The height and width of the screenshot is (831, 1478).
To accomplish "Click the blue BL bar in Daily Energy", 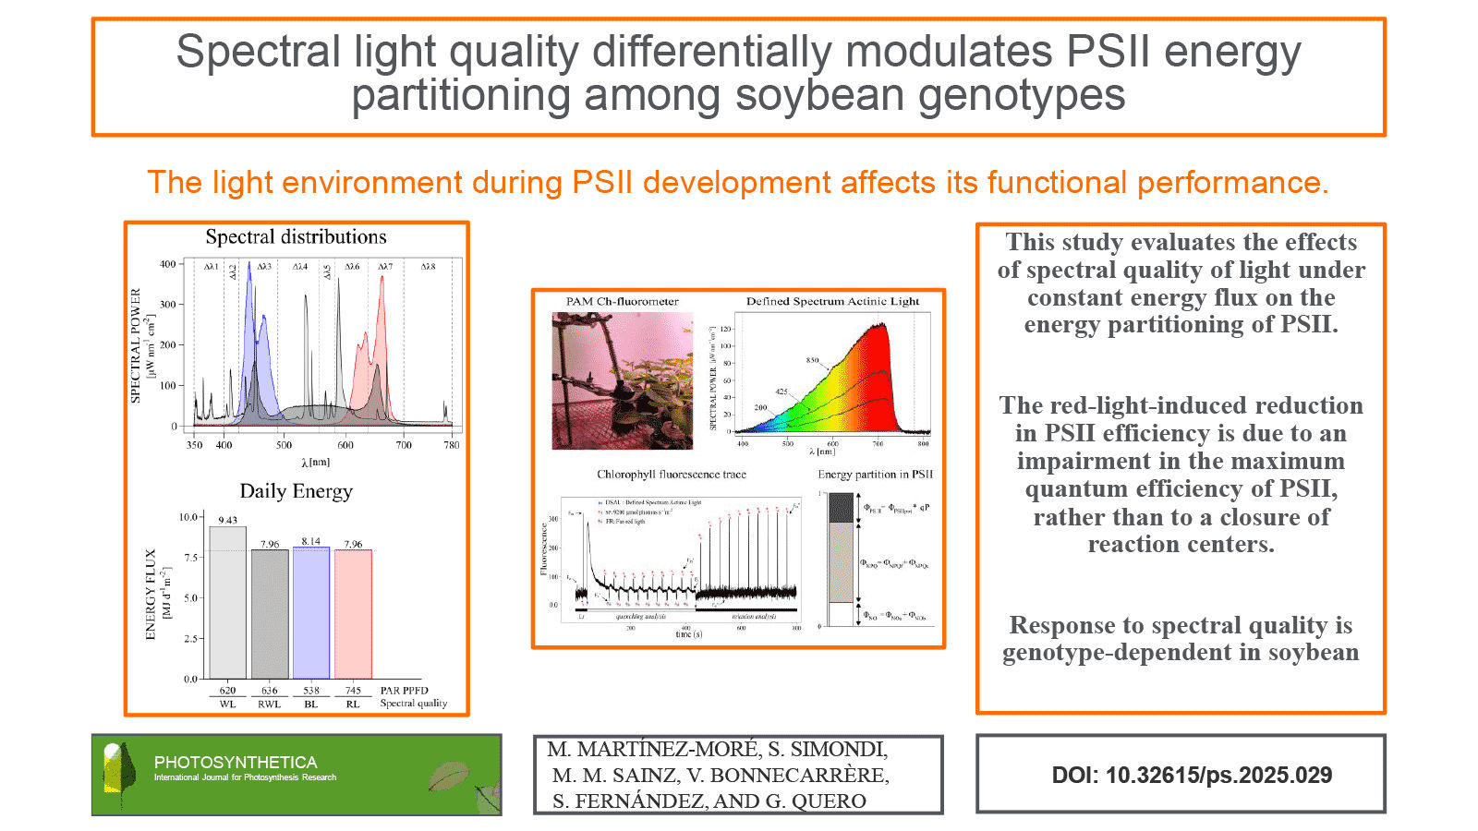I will [310, 613].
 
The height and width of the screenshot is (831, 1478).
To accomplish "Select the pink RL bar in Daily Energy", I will [353, 614].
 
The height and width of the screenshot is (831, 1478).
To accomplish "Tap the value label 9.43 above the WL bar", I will [227, 520].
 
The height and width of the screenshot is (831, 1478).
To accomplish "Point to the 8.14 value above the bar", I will [310, 541].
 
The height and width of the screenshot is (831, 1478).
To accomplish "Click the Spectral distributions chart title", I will [296, 237].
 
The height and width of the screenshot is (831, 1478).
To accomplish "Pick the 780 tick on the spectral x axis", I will [451, 445].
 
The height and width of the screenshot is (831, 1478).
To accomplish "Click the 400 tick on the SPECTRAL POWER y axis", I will [167, 264].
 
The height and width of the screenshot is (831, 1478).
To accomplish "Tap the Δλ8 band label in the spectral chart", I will [428, 267].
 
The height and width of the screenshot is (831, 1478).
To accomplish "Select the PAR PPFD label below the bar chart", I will [404, 690].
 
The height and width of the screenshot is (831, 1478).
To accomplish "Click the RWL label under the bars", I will [269, 704].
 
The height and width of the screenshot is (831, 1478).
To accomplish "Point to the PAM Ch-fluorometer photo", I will [622, 380].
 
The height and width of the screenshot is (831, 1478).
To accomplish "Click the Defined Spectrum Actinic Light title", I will [832, 301].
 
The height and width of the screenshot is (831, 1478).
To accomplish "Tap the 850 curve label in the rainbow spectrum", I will [812, 360].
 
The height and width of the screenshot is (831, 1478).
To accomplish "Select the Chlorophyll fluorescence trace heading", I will [672, 475].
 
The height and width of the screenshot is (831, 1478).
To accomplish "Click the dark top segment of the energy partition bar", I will [841, 508].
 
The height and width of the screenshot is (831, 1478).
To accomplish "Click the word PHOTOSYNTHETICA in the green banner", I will [236, 762].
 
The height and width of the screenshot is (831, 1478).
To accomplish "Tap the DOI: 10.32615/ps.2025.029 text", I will [1192, 776].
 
